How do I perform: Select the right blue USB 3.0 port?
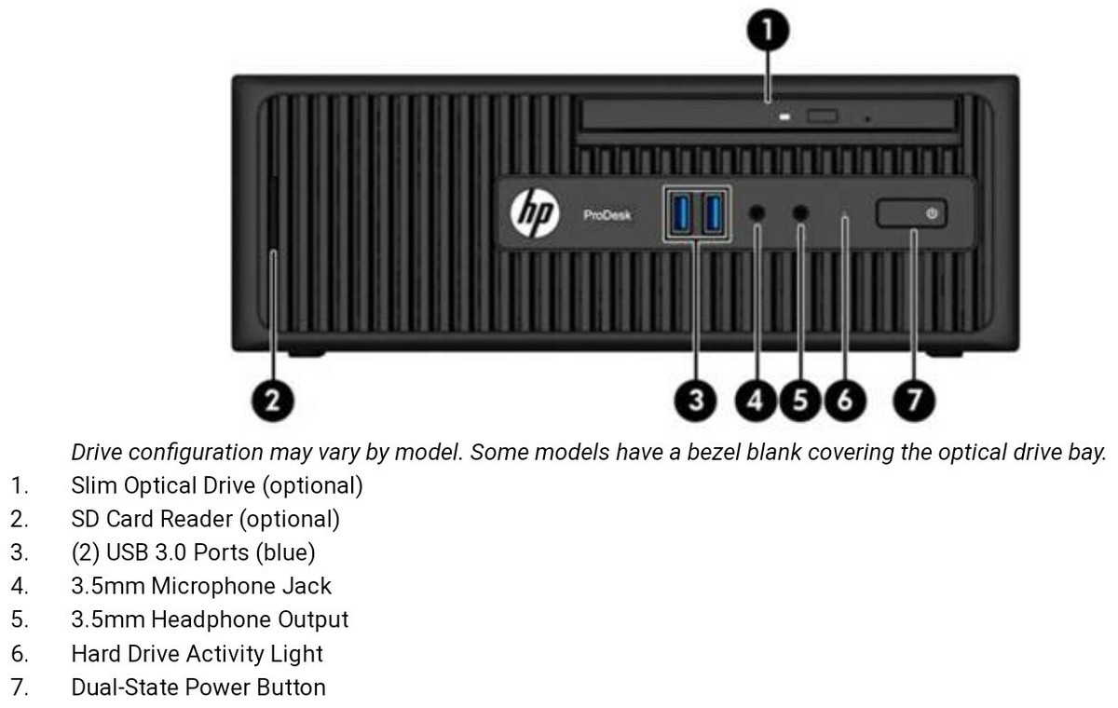[x=714, y=213]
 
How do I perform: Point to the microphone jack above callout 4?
[x=757, y=213]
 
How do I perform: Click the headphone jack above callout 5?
[x=800, y=213]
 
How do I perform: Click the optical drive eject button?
[x=824, y=116]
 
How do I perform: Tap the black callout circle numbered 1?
[x=768, y=31]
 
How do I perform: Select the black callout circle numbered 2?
[x=271, y=401]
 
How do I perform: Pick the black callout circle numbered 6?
[x=845, y=401]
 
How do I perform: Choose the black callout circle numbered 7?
[x=914, y=401]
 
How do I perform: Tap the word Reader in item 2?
[x=209, y=519]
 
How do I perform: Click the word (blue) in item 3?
[x=284, y=552]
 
